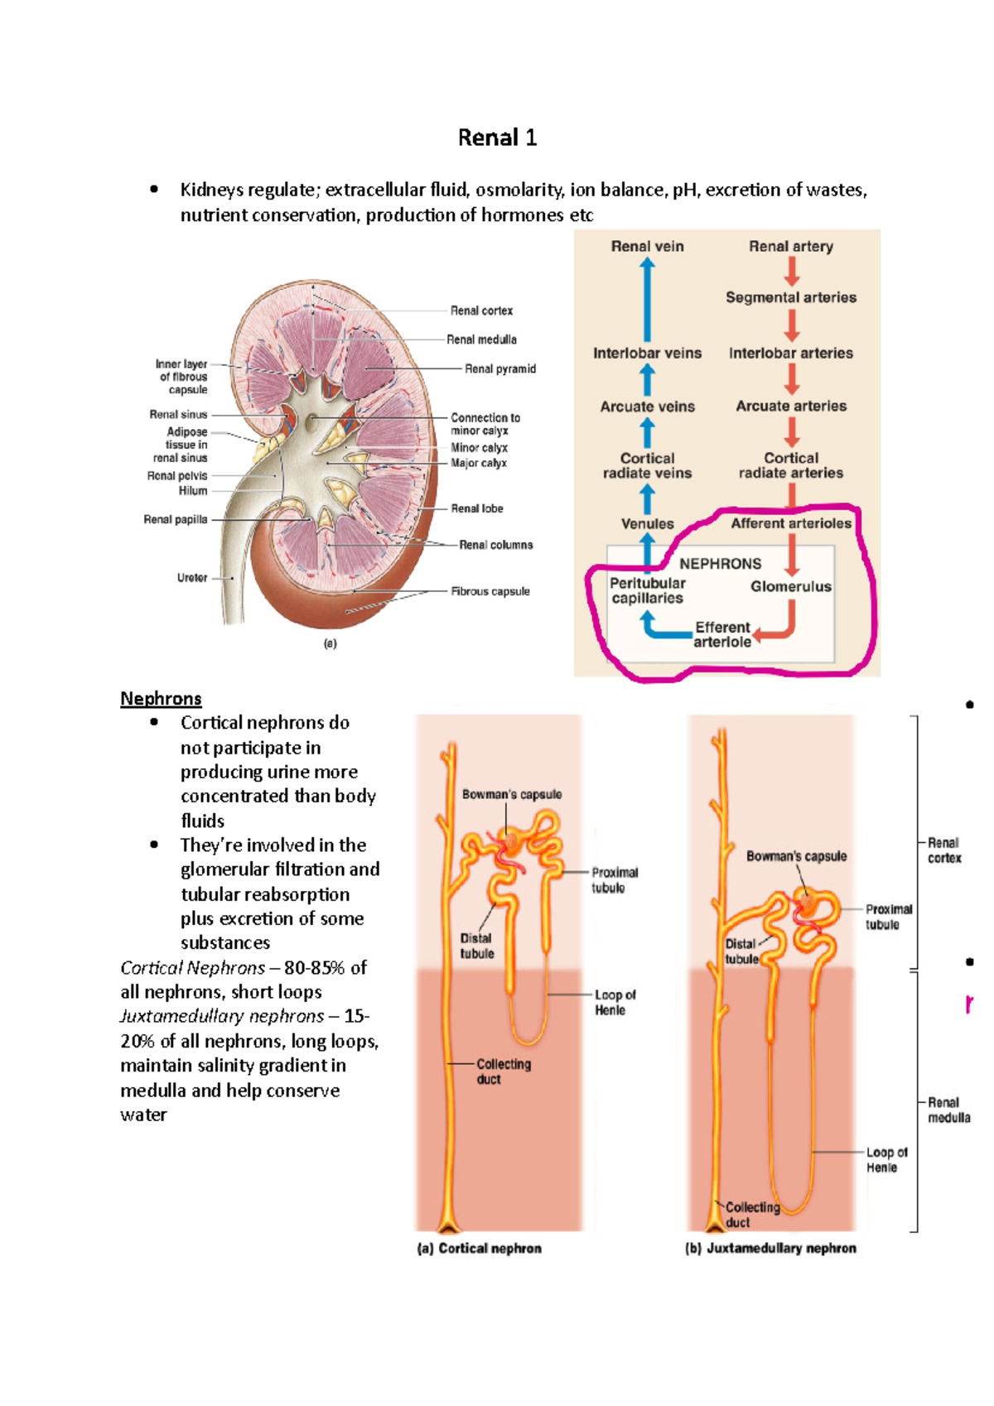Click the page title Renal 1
point(497,137)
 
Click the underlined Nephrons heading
point(161,698)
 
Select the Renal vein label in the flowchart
point(647,246)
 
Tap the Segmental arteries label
point(791,297)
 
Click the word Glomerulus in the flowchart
point(790,586)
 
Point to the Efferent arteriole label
point(722,634)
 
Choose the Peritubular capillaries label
point(647,590)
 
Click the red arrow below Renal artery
point(792,271)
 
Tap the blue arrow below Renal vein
point(647,298)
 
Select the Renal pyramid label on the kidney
point(499,368)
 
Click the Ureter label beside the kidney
point(191,578)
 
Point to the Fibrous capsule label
point(490,591)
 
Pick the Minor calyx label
point(479,447)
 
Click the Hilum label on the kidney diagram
point(192,490)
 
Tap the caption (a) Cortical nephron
point(480,1248)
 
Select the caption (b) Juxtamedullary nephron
point(770,1248)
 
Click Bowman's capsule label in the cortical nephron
point(511,794)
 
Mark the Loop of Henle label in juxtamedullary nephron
point(885,1159)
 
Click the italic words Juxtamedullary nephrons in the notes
point(222,1016)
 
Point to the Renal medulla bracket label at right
point(948,1110)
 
